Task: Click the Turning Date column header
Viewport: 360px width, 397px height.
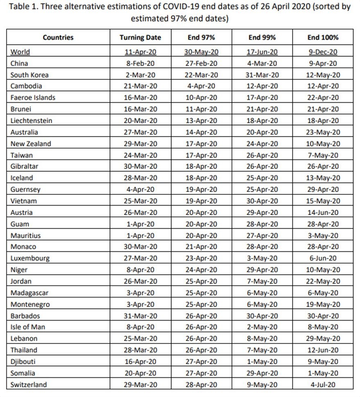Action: point(140,37)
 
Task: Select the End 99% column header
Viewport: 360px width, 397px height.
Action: point(262,37)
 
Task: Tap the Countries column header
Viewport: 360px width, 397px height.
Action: point(58,37)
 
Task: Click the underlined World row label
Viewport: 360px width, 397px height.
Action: point(20,52)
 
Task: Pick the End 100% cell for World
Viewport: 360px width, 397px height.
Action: point(323,52)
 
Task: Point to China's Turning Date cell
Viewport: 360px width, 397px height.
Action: point(140,63)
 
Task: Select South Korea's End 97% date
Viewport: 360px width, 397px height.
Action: point(201,75)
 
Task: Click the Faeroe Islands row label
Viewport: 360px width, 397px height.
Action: point(33,98)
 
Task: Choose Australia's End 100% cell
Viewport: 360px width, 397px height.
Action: point(323,132)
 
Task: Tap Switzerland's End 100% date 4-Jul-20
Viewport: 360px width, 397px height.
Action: point(323,384)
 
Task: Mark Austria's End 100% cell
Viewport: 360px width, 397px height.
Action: point(323,212)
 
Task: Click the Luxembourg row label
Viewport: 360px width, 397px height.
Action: point(30,258)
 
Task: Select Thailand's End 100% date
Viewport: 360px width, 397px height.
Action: point(323,350)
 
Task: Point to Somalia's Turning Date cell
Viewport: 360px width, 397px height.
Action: point(140,373)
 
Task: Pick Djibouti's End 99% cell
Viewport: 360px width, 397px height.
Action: point(262,361)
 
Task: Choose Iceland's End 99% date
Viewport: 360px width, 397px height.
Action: point(262,178)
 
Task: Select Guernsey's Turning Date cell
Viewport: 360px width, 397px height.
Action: point(140,189)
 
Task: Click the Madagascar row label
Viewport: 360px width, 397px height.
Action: point(31,293)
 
